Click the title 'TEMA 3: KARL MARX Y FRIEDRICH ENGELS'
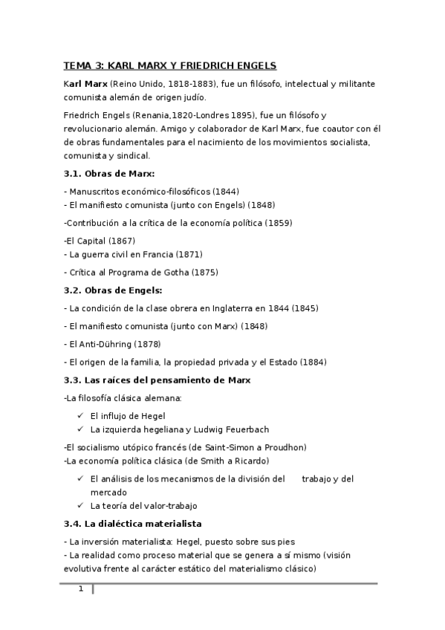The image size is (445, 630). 170,65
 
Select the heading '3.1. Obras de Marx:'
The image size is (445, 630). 108,174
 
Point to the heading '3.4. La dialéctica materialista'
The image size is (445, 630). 133,524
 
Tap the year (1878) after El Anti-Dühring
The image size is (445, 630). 146,344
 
